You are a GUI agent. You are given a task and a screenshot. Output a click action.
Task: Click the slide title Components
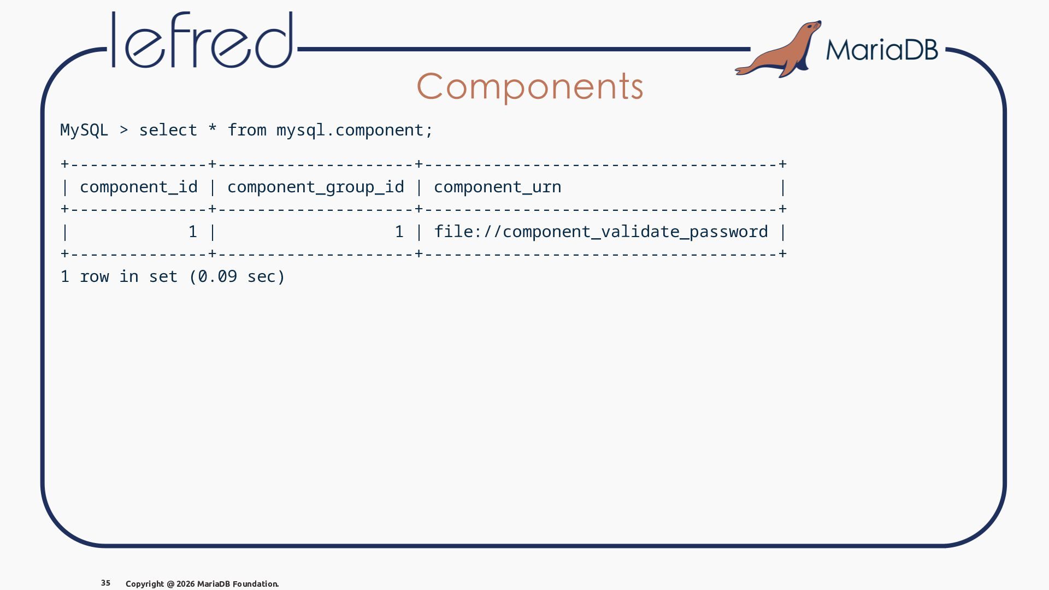[x=530, y=86]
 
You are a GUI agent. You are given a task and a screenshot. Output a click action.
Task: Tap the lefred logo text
[x=202, y=40]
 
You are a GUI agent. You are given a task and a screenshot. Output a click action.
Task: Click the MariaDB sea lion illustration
[x=779, y=49]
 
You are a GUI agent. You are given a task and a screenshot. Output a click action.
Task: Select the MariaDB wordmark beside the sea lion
[x=882, y=50]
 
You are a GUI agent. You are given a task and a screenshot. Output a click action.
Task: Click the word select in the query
[x=168, y=130]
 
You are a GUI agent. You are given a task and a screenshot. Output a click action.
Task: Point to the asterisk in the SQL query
[x=212, y=128]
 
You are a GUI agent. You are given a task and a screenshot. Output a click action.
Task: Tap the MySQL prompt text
[x=84, y=131]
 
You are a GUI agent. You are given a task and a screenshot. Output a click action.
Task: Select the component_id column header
[x=139, y=187]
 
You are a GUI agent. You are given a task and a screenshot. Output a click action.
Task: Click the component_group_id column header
[x=316, y=187]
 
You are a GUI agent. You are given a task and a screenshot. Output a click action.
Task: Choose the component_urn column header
[x=498, y=187]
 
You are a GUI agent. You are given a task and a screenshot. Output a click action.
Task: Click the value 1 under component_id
[x=192, y=232]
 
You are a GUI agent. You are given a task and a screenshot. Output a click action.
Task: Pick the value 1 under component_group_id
[x=399, y=232]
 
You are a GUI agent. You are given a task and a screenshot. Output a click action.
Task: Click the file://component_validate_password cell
[x=601, y=232]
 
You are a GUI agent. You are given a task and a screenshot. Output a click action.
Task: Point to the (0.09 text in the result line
[x=213, y=276]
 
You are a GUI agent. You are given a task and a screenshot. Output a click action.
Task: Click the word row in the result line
[x=95, y=277]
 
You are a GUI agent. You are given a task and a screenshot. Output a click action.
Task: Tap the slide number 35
[x=106, y=583]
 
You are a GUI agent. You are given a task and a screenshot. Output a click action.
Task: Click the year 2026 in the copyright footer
[x=185, y=584]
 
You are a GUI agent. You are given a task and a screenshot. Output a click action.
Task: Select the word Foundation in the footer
[x=255, y=584]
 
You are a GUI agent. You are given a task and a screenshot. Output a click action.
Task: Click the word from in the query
[x=247, y=130]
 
